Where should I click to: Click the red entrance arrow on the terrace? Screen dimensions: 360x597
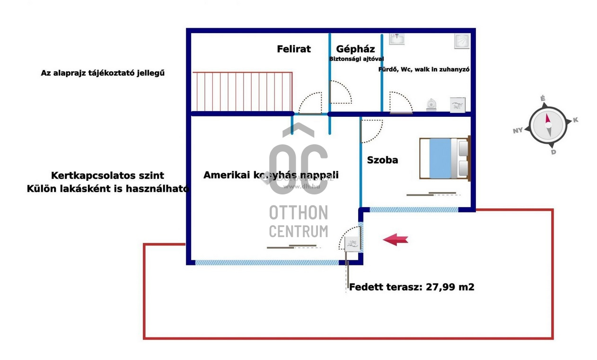pyautogui.click(x=395, y=239)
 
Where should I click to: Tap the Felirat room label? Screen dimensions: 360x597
pyautogui.click(x=294, y=49)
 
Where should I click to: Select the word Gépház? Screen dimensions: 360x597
pyautogui.click(x=355, y=49)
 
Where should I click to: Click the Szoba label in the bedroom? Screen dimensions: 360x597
pyautogui.click(x=382, y=160)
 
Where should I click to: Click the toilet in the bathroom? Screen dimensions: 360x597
pyautogui.click(x=431, y=105)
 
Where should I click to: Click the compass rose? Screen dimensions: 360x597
pyautogui.click(x=547, y=125)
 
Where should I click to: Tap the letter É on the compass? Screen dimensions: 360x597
pyautogui.click(x=543, y=98)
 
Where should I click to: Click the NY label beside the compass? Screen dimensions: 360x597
pyautogui.click(x=518, y=130)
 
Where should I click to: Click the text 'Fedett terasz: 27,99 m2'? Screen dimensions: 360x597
pyautogui.click(x=411, y=287)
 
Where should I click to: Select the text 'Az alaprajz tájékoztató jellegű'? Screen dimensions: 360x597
pyautogui.click(x=103, y=73)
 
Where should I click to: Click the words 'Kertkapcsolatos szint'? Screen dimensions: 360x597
pyautogui.click(x=107, y=176)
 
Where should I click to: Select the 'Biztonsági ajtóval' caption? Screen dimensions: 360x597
pyautogui.click(x=356, y=59)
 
